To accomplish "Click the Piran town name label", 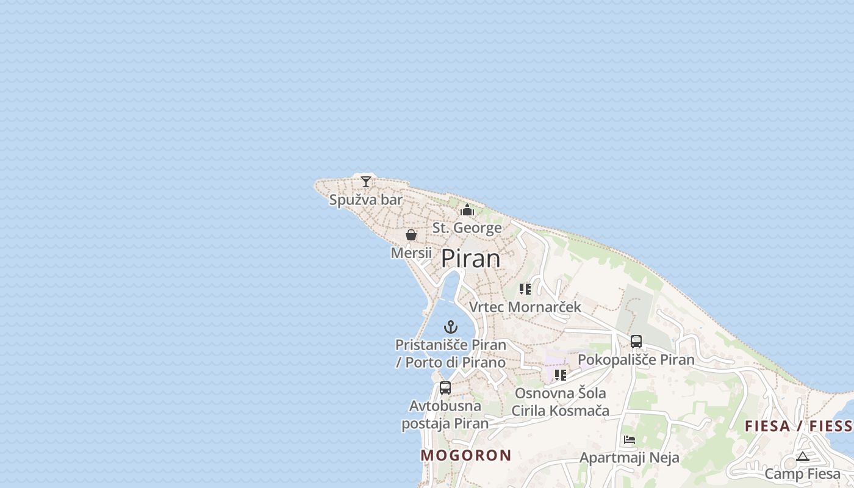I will coord(470,259).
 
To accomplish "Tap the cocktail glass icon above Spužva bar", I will coord(365,181).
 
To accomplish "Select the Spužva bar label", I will coord(365,199).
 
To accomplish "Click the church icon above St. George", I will coord(467,210).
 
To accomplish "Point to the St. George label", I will coord(467,228).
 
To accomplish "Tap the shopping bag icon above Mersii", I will coord(411,235).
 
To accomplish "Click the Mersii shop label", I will coord(411,253).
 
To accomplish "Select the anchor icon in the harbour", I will coord(451,327).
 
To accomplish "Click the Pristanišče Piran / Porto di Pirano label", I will coord(451,353).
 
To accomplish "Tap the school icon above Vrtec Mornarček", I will coord(525,289).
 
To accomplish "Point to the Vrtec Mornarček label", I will coord(525,306).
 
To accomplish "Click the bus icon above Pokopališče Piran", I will coord(636,342).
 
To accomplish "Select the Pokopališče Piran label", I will coord(636,359).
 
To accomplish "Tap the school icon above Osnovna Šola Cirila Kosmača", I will coord(560,375).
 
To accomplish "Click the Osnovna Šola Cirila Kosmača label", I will coord(560,401).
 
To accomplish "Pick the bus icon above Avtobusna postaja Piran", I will coord(445,387).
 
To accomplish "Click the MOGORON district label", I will coord(466,455).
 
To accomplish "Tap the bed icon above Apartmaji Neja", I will coord(630,439).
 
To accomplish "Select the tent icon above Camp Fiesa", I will coord(802,456).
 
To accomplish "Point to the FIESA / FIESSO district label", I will coord(798,426).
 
